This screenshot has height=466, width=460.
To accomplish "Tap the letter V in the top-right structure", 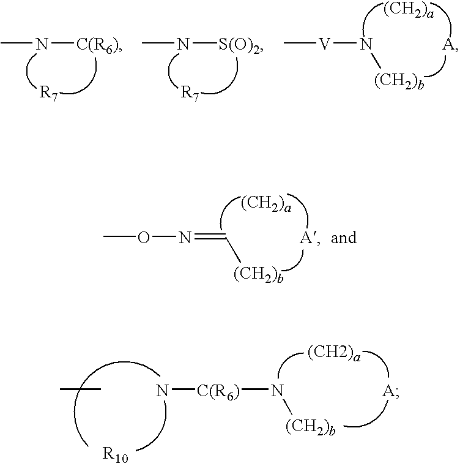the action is (x=325, y=44).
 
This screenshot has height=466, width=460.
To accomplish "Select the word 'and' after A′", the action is (x=344, y=238).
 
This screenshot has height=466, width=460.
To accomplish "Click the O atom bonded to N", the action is (x=143, y=238).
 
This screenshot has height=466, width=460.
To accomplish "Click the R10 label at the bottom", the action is (x=115, y=454).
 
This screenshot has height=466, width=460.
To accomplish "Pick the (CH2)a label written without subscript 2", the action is (x=335, y=354).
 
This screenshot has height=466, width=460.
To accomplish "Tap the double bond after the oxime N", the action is (x=210, y=236).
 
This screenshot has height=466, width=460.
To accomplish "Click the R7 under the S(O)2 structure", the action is (x=190, y=93).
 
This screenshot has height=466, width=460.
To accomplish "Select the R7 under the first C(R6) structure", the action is (x=48, y=93).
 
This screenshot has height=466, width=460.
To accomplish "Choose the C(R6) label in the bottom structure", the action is (x=218, y=391).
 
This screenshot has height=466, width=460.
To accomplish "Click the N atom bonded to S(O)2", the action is (x=184, y=44).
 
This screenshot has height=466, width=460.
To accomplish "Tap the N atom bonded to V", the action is (x=366, y=44).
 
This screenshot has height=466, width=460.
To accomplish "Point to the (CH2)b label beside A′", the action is (x=258, y=274).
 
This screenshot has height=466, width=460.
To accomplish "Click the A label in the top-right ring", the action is (x=448, y=45).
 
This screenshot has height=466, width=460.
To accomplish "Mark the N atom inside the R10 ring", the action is (x=163, y=391).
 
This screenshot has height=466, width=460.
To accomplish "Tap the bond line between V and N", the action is (x=345, y=43).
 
